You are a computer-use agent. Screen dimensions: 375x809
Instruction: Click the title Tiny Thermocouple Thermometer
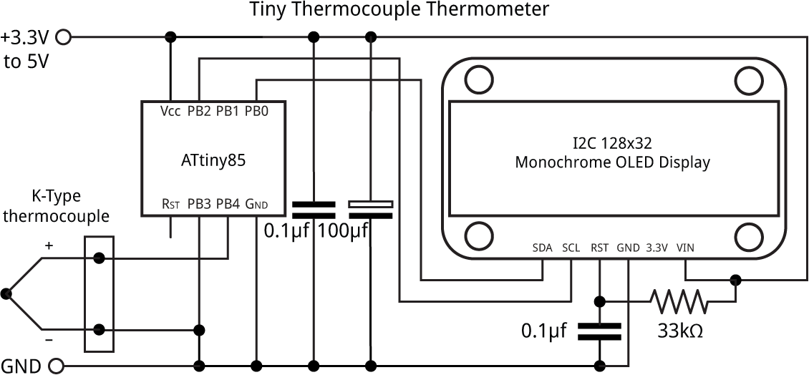tap(399, 10)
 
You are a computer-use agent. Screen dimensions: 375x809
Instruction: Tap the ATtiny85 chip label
tap(213, 161)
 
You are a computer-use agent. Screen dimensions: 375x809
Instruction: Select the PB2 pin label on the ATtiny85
tap(199, 112)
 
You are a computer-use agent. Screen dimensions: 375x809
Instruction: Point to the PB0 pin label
tap(256, 112)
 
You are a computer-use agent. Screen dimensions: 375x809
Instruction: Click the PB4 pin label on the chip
tap(228, 204)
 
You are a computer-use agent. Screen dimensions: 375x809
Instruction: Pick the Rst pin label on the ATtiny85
tap(170, 205)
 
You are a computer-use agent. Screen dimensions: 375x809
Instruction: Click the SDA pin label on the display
tap(543, 248)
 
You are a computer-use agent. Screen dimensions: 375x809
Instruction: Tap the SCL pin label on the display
tap(571, 248)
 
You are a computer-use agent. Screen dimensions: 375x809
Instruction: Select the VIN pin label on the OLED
tap(685, 248)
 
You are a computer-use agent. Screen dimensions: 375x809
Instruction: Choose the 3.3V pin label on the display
tap(657, 248)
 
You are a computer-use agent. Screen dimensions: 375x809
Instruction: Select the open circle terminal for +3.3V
tap(63, 36)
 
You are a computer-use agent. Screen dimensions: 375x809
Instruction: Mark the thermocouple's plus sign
tap(49, 245)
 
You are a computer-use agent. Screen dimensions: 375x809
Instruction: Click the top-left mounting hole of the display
tap(476, 79)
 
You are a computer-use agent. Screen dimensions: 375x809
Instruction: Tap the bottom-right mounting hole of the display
tap(748, 235)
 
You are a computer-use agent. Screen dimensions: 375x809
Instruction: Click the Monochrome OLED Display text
tap(612, 162)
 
